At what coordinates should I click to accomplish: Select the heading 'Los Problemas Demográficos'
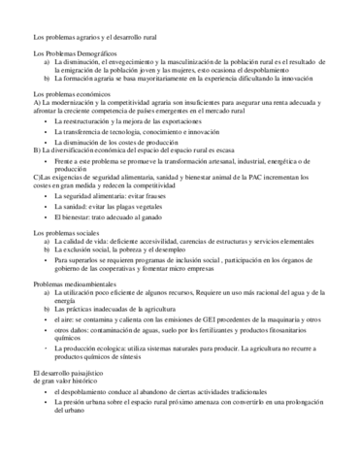pos(69,52)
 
